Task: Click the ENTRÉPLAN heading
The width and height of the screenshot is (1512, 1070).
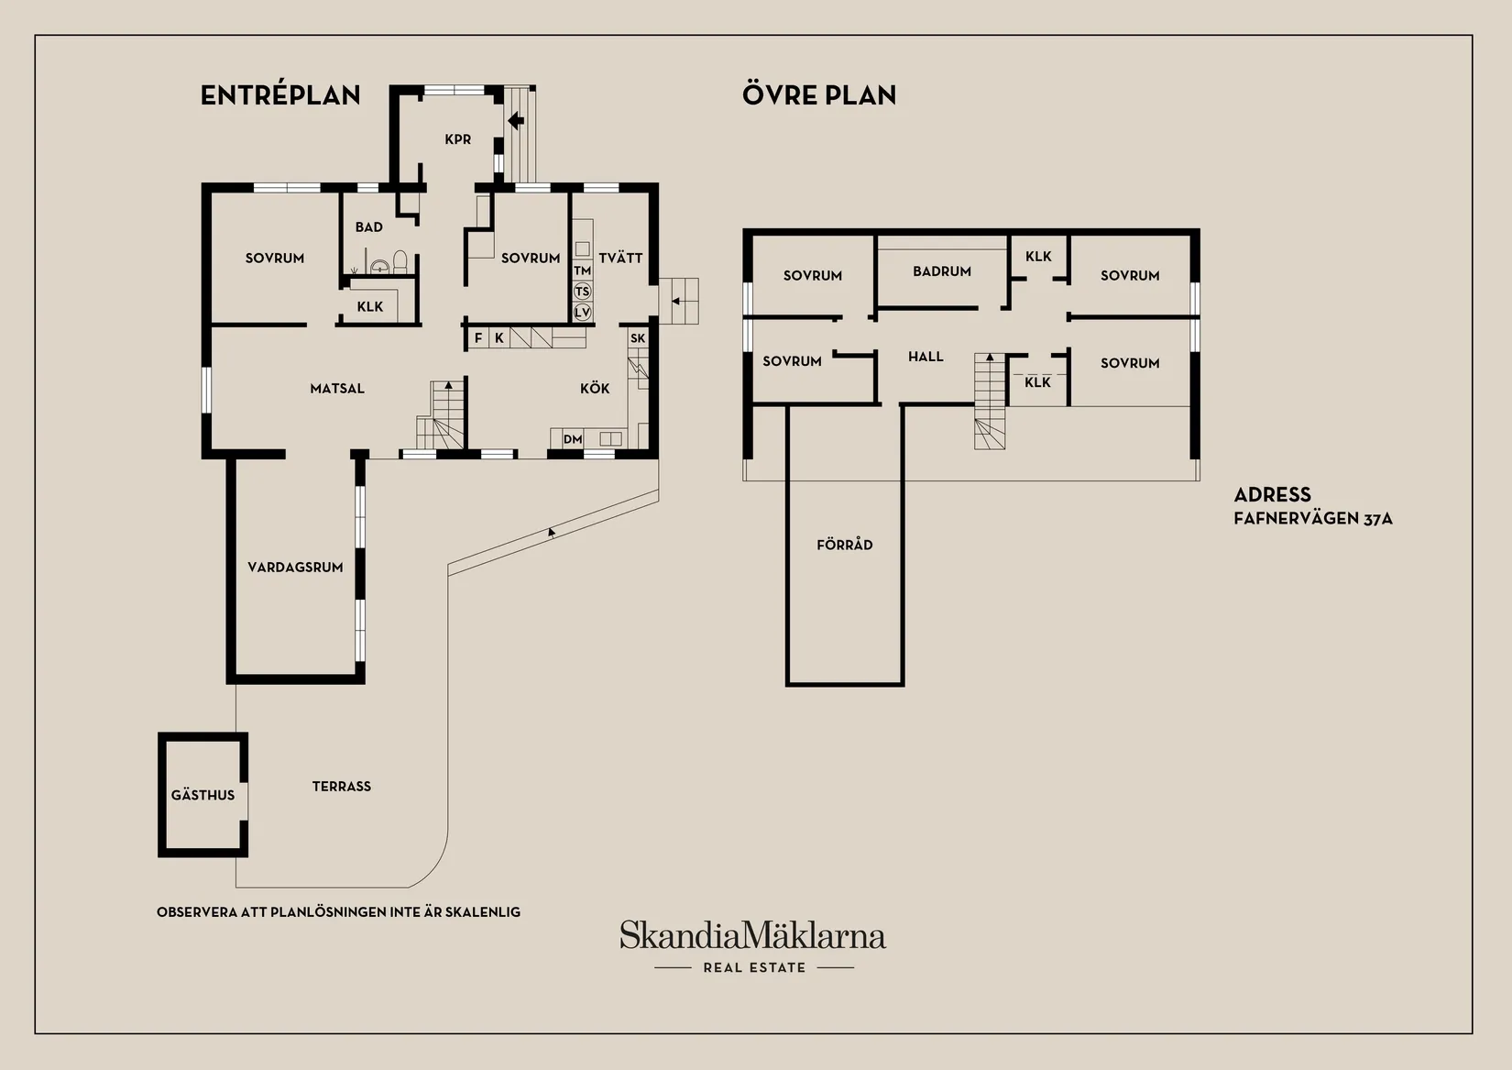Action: click(x=280, y=94)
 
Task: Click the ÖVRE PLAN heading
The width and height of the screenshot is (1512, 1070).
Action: click(x=819, y=94)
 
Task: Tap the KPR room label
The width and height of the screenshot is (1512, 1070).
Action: click(x=457, y=140)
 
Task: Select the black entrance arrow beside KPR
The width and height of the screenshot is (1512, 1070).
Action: click(x=516, y=121)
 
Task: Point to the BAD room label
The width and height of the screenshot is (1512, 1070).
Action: click(x=369, y=227)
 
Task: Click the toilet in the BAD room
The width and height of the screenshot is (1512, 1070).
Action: click(x=400, y=262)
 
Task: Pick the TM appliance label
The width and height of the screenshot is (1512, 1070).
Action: click(x=583, y=270)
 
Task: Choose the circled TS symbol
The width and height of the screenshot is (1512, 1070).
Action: click(x=583, y=292)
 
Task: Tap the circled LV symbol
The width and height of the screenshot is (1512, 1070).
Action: click(x=583, y=312)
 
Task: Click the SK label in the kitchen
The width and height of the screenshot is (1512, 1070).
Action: click(x=638, y=338)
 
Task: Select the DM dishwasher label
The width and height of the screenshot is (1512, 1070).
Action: click(x=573, y=440)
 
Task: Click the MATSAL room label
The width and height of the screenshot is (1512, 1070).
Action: click(x=337, y=389)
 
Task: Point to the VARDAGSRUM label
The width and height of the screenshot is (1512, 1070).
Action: click(x=296, y=568)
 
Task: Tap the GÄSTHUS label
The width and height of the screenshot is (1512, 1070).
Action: click(x=203, y=795)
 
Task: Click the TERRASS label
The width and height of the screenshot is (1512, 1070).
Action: click(x=342, y=787)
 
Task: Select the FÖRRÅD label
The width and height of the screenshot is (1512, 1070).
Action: click(x=845, y=545)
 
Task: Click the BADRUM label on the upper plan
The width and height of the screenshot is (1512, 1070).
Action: click(x=942, y=271)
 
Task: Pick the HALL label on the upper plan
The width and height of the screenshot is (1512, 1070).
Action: click(x=926, y=357)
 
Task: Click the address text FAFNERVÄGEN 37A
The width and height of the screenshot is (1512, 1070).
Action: click(x=1313, y=518)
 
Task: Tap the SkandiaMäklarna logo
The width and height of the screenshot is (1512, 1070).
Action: click(x=753, y=945)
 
